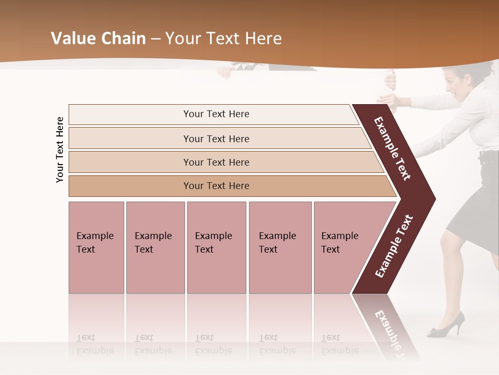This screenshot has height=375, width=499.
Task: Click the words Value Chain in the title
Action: (98, 39)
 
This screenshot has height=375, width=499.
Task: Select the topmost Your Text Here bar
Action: (216, 114)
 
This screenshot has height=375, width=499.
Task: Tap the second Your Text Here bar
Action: (216, 139)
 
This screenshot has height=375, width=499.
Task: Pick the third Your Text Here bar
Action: (216, 162)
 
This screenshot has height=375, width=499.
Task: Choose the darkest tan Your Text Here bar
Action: (216, 186)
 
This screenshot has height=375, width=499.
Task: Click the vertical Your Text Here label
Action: (60, 149)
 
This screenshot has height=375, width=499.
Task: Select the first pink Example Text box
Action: (96, 247)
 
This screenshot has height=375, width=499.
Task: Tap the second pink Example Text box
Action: (155, 247)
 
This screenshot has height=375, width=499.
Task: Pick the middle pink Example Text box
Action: (216, 247)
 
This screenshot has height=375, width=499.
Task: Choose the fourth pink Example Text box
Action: (280, 247)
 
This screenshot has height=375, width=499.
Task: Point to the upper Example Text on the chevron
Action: (392, 148)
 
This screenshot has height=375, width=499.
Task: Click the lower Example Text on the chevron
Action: (394, 246)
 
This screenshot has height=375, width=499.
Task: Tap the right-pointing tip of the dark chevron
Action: (432, 198)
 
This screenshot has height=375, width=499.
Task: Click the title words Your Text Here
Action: (224, 39)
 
